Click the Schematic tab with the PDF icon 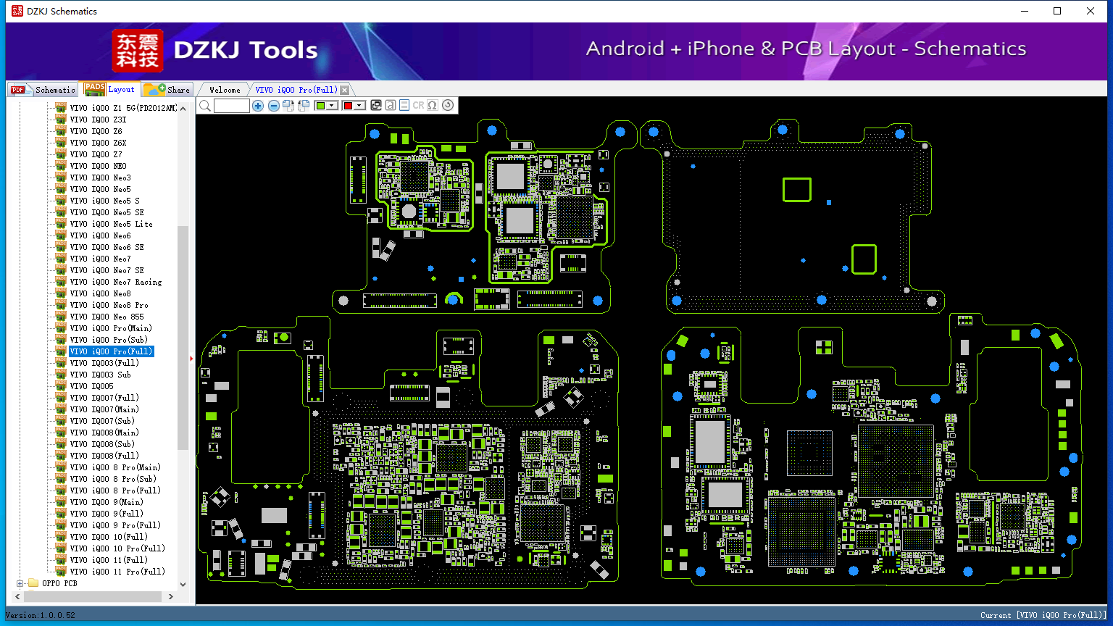43,90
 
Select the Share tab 167,90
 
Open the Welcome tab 225,90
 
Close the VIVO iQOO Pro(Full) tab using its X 344,90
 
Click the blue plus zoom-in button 257,106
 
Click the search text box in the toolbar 232,106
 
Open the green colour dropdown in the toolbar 331,106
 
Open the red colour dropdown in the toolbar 359,106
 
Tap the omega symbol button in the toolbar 433,105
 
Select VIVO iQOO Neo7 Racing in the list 116,282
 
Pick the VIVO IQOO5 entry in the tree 91,386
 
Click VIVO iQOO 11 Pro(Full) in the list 117,572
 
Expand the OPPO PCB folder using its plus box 20,583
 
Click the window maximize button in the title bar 1057,11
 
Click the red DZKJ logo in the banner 138,50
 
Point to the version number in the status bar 41,615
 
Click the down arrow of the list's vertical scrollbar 183,584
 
